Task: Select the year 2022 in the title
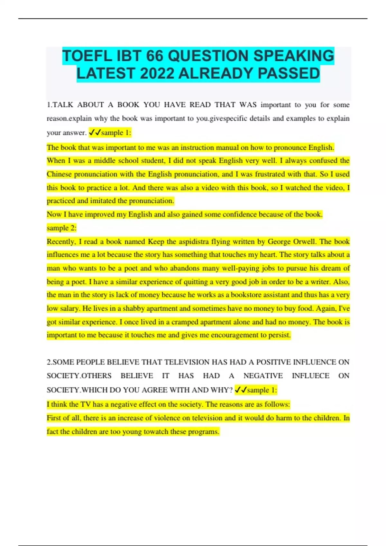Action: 157,74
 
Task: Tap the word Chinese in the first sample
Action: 59,174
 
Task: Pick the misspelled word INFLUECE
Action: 310,376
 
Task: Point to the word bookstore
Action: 248,295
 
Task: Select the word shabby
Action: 133,308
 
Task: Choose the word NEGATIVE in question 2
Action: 263,376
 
